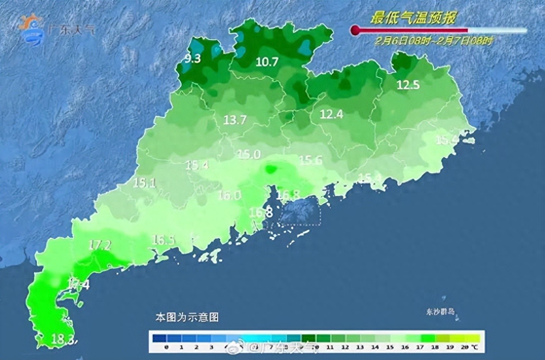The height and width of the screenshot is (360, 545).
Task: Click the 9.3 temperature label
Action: click(193, 59)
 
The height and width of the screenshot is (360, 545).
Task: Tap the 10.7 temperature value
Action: click(267, 62)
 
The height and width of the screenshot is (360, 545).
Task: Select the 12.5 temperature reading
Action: click(408, 84)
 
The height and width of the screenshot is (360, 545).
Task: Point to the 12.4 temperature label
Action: click(331, 114)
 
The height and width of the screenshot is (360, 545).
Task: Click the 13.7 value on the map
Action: click(235, 120)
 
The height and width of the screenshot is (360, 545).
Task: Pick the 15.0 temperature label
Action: click(249, 154)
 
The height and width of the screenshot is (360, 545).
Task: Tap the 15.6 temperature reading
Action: click(310, 160)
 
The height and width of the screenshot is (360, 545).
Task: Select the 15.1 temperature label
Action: click(144, 183)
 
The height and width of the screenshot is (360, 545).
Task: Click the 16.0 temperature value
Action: click(229, 195)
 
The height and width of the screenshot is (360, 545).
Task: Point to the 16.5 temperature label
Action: click(163, 240)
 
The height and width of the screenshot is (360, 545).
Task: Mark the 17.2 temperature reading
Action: click(100, 245)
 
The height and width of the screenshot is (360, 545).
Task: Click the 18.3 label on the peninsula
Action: click(63, 339)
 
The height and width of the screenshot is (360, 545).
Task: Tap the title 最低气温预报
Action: click(413, 18)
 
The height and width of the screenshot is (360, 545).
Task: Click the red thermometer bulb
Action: click(355, 30)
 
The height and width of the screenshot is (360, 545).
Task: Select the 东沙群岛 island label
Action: click(440, 311)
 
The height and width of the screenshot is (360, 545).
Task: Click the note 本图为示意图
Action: click(187, 317)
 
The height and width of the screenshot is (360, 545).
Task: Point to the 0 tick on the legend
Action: click(166, 347)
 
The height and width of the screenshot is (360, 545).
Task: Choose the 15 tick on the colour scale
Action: click(390, 347)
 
